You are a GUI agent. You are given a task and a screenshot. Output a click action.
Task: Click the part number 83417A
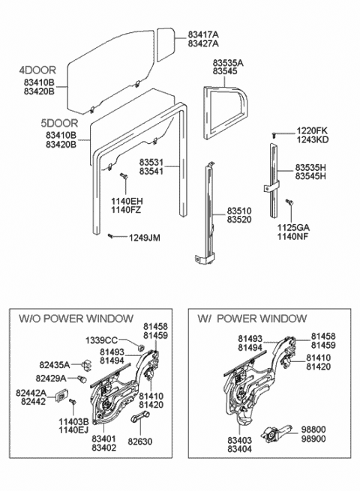coord(203,34)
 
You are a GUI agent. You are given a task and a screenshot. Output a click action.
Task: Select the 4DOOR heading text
coord(37,70)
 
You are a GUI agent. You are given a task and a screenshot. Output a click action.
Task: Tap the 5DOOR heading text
coord(59,123)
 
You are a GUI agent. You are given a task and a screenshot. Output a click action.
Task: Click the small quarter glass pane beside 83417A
coord(165,44)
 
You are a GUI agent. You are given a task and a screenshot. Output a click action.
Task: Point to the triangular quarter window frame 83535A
coord(225,112)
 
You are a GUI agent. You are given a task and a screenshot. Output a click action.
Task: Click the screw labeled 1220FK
coord(274,135)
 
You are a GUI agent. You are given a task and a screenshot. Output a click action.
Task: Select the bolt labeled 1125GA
coord(289,202)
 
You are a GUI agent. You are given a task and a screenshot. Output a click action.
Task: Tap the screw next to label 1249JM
coord(110,235)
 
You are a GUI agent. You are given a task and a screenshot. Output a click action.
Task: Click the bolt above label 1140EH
coord(124,176)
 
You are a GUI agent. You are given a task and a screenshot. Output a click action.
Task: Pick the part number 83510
coord(239,211)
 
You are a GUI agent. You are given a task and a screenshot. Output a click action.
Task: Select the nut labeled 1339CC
coord(141,347)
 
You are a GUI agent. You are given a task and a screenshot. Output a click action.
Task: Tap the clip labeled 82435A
coord(86,365)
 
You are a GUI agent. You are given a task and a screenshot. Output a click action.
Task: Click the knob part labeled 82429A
coord(82,379)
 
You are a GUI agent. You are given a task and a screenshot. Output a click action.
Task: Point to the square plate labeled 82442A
coord(62,396)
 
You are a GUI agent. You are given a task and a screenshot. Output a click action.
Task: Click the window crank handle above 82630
coord(139,417)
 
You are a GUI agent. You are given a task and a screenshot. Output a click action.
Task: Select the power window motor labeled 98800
coord(276,433)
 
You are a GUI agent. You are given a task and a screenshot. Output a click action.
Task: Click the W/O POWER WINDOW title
coord(76,319)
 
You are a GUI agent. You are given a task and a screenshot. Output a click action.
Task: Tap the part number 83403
coord(240,440)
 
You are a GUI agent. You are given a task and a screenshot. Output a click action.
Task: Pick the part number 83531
coord(151,163)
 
